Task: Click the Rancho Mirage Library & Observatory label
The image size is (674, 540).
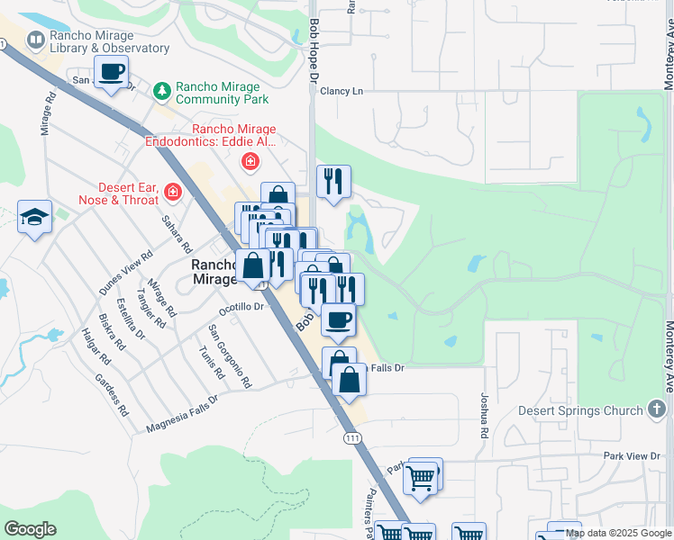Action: [110, 40]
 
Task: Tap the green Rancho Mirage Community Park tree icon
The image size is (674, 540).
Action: [162, 90]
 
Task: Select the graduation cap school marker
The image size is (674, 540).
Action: [35, 217]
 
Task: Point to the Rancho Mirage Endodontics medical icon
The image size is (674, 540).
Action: [250, 162]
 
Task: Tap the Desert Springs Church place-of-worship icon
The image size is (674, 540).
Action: [658, 410]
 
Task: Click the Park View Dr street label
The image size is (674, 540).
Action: [632, 456]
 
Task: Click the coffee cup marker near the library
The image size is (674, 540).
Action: [112, 72]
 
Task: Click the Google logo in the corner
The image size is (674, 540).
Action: [30, 529]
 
